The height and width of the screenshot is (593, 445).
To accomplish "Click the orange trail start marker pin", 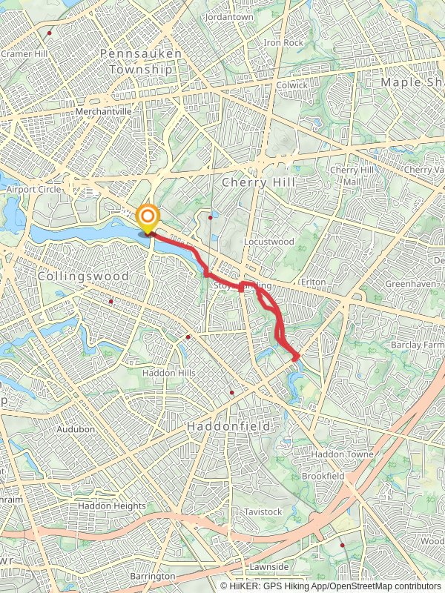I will [148, 217].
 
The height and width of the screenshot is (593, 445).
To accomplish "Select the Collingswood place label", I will [83, 276].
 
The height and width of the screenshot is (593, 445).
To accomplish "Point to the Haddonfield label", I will [228, 427].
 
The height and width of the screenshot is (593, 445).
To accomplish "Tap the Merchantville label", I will [103, 111].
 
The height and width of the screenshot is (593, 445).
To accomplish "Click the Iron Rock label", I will [283, 43].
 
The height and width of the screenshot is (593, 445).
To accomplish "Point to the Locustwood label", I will [269, 242].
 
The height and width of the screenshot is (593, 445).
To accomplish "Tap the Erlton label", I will [314, 283].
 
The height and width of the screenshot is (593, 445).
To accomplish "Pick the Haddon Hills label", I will [169, 373].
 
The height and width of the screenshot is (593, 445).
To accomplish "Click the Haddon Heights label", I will [112, 506].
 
